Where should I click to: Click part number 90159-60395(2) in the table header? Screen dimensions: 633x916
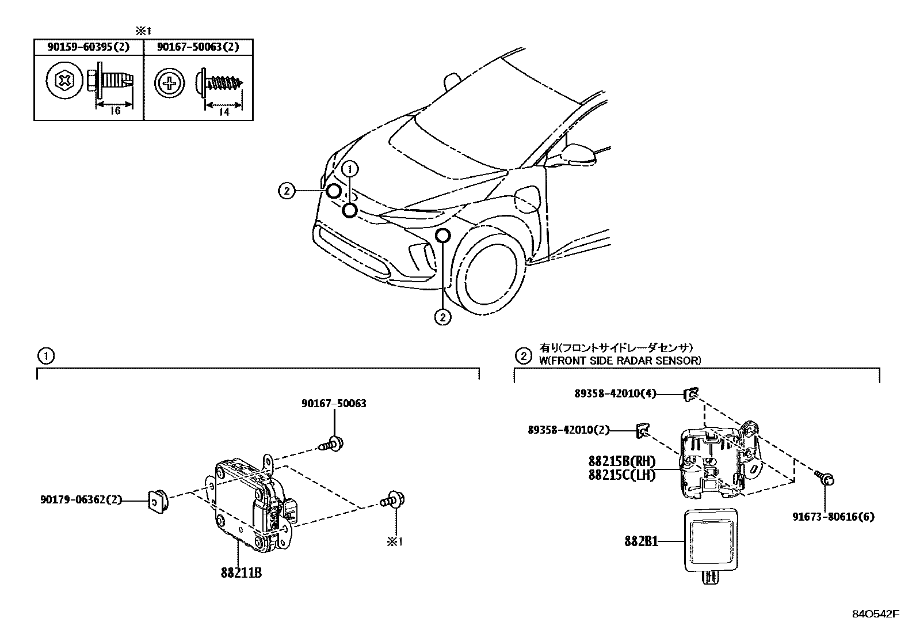[x=88, y=47]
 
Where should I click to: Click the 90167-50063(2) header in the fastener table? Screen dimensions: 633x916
[x=198, y=47]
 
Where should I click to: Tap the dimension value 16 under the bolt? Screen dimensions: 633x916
[x=115, y=111]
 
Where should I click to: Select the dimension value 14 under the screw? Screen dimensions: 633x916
[x=224, y=112]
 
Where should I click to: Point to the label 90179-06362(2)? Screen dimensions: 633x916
[x=81, y=500]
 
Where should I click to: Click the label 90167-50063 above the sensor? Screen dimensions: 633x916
[x=334, y=404]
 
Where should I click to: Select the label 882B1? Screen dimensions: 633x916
[x=641, y=541]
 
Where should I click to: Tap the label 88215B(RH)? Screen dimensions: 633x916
[x=622, y=461]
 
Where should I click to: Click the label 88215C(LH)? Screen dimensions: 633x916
[x=621, y=475]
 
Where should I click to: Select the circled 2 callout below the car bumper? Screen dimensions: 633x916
[x=442, y=316]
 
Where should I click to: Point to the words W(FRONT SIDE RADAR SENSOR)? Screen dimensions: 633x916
[x=620, y=361]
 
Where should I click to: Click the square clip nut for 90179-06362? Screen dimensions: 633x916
[x=157, y=501]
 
